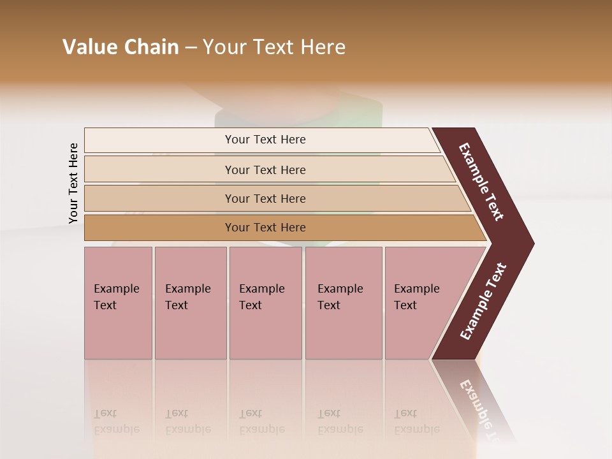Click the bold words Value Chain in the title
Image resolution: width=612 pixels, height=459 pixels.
tap(120, 47)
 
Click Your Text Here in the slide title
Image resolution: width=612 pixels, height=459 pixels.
tap(274, 47)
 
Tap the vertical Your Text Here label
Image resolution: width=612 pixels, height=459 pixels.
tap(74, 183)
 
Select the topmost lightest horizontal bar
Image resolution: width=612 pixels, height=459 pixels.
tap(159, 140)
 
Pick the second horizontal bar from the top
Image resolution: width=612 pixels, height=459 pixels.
tap(159, 170)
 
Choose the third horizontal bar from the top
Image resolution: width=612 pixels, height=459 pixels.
tap(159, 198)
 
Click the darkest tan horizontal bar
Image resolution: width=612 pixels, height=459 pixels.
tap(159, 228)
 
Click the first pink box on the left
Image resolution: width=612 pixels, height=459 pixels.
tap(118, 303)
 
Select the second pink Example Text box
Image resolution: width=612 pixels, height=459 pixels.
tap(190, 303)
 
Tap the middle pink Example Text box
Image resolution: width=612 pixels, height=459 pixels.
tap(265, 303)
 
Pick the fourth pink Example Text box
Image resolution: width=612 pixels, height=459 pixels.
tap(344, 303)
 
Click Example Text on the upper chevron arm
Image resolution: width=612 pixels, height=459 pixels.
tap(482, 182)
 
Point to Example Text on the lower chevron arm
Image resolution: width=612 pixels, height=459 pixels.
tap(483, 302)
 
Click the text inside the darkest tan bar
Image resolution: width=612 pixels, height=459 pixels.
tap(265, 228)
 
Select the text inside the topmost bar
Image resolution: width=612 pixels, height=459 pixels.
tap(265, 140)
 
